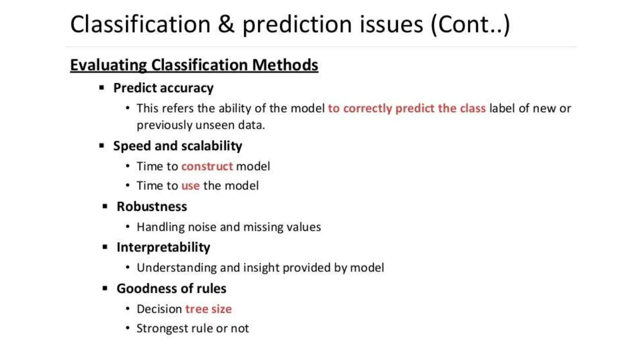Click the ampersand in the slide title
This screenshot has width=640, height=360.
click(x=226, y=24)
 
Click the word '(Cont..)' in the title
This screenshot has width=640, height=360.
click(x=470, y=24)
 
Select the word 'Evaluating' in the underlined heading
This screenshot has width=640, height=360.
click(x=108, y=65)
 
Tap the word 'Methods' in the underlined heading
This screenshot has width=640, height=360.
click(x=285, y=65)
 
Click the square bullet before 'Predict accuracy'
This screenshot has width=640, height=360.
click(x=102, y=88)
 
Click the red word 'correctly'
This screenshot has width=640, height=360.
click(x=367, y=108)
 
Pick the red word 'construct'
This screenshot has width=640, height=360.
click(x=207, y=166)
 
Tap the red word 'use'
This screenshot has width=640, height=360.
click(x=190, y=186)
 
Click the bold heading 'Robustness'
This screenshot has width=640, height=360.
click(x=152, y=207)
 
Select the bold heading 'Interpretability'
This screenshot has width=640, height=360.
click(x=163, y=247)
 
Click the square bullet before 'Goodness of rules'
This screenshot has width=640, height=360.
click(x=105, y=288)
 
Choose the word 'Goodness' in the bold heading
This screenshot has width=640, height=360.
click(x=144, y=288)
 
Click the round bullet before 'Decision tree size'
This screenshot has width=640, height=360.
click(x=127, y=309)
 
